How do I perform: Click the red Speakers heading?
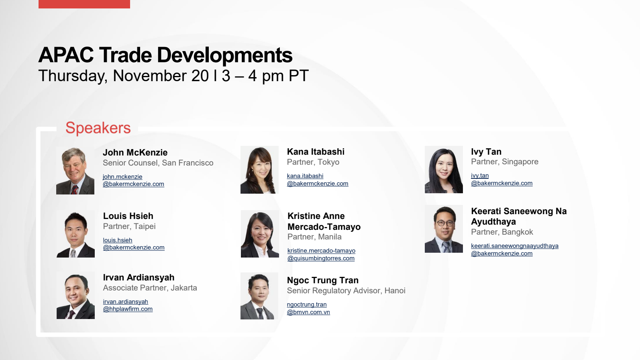pos(98,128)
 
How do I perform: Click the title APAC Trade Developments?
pos(165,55)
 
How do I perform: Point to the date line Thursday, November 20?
pos(123,76)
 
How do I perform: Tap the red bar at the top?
pos(84,4)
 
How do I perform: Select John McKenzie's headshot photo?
pos(75,170)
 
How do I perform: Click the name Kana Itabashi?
pos(316,151)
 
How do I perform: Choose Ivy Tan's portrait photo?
pos(444,170)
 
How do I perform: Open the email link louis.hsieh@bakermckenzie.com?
pos(134,243)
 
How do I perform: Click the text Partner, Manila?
pos(314,237)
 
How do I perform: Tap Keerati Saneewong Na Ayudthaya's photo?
pos(444,229)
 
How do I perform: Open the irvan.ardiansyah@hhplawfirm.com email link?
pos(128,305)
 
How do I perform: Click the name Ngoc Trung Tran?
pos(322,280)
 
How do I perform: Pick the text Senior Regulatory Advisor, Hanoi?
pos(346,290)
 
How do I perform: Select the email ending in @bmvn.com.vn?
pos(308,308)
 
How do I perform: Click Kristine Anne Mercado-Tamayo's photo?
pos(260,234)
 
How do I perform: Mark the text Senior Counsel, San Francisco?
pos(158,163)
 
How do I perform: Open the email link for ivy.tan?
pos(502,179)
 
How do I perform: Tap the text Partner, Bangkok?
pos(502,232)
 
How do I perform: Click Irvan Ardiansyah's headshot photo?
pos(75,295)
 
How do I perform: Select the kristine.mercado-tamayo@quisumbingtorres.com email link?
pos(322,254)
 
